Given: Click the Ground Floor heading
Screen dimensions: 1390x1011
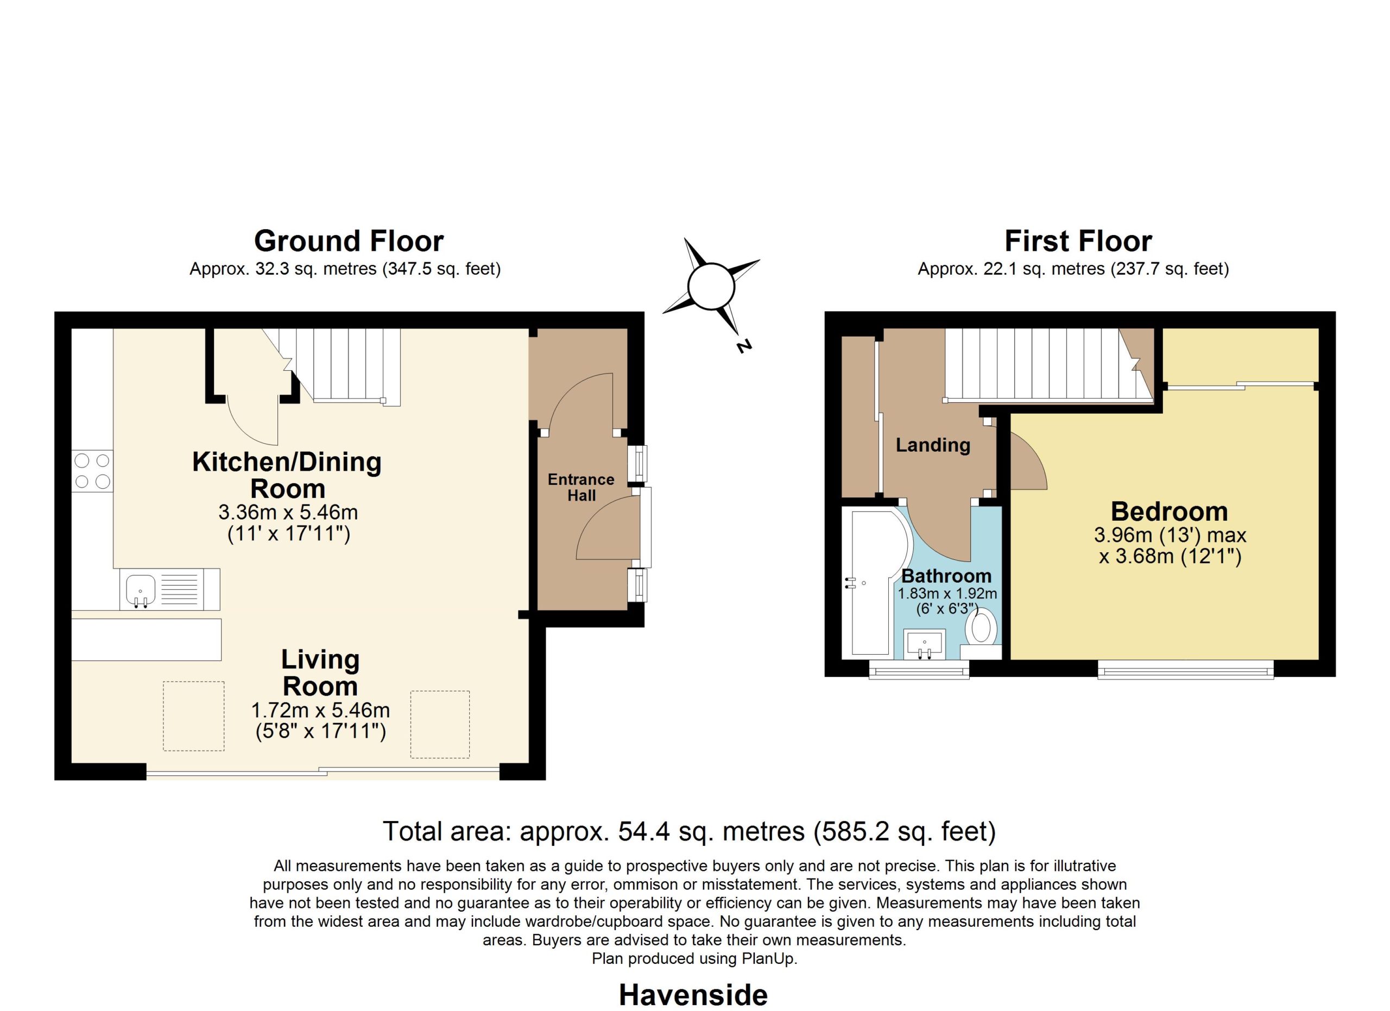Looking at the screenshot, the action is pos(349,242).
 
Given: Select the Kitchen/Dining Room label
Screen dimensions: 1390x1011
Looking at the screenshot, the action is pos(287,475).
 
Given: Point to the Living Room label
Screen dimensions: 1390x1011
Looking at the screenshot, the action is pos(320,673).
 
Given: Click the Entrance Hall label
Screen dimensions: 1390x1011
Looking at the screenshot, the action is pos(581,487).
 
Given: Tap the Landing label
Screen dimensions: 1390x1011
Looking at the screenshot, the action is pos(933,445).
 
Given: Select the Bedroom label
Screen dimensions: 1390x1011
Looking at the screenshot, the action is pos(1170,511).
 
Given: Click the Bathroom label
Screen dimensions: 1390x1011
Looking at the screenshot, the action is pos(946,576).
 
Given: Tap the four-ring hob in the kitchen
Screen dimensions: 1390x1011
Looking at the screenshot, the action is pos(92,471).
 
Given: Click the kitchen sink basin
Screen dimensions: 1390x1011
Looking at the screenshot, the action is pos(140,590).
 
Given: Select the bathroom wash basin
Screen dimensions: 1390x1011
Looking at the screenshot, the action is pos(924,644).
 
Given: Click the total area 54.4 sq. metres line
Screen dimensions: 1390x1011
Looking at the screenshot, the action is pos(690,831).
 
